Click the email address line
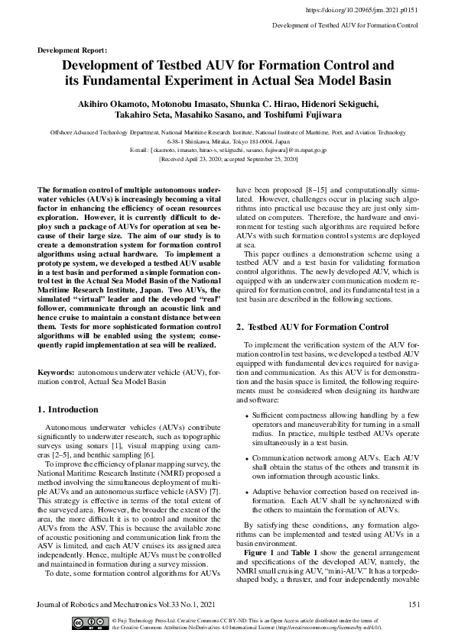(x=228, y=150)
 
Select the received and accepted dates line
(x=228, y=160)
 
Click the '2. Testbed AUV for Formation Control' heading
(x=313, y=327)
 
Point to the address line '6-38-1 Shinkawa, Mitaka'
(x=228, y=142)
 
